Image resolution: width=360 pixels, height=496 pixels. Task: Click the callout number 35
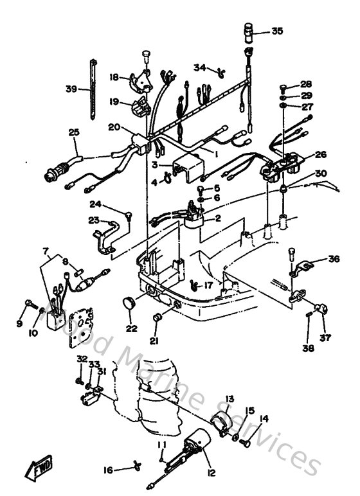(x=277, y=30)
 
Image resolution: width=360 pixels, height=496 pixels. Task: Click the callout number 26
(x=320, y=154)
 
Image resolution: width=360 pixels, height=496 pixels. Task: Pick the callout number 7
(x=45, y=250)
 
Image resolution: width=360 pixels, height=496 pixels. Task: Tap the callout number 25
(x=74, y=132)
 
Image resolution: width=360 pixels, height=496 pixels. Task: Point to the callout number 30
(x=321, y=173)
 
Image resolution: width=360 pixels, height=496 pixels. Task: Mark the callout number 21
(x=153, y=340)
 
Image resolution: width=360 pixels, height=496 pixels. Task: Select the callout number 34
(x=200, y=67)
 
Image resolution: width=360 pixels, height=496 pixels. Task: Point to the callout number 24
(x=96, y=205)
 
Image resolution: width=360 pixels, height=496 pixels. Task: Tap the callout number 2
(x=218, y=218)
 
